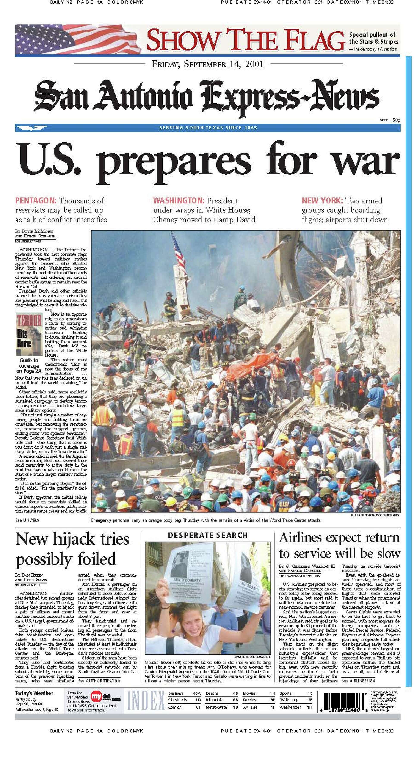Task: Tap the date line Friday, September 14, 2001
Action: [207, 64]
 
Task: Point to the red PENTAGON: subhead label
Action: [36, 201]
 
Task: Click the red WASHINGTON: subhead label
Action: [179, 201]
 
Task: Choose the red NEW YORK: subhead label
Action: [322, 201]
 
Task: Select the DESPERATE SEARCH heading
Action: [207, 535]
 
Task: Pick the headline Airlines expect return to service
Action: [339, 546]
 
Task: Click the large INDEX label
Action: [146, 701]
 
